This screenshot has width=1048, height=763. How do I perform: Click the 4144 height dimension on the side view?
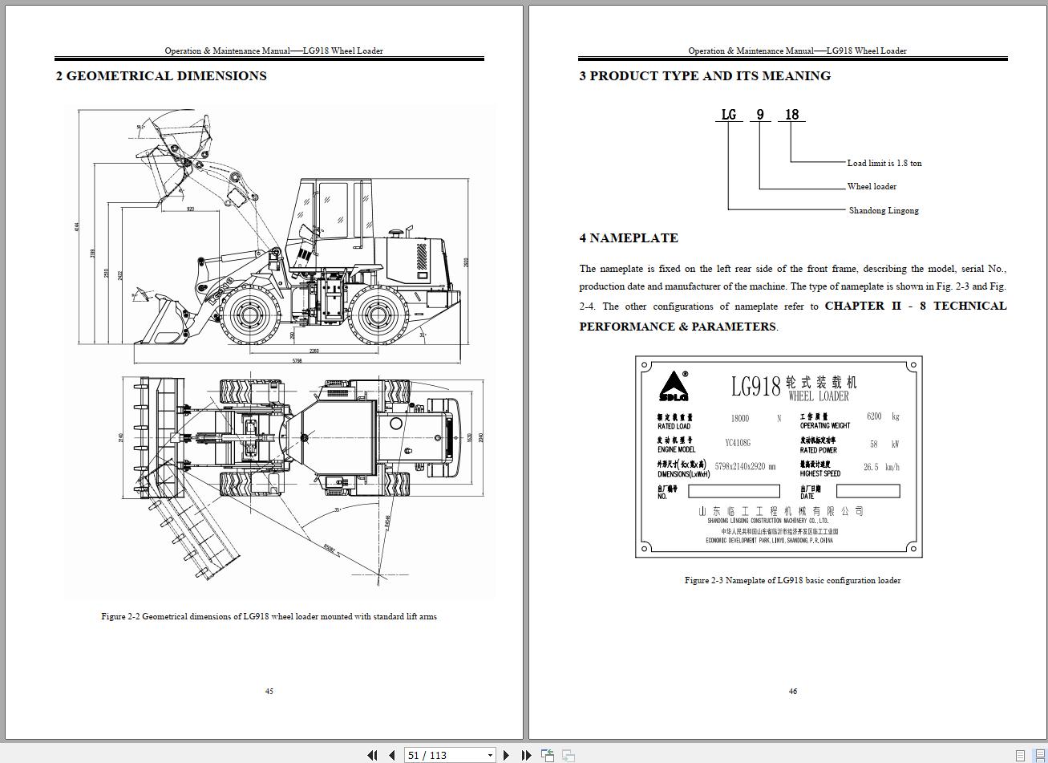[78, 227]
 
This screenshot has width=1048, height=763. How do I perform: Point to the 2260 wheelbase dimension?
[314, 351]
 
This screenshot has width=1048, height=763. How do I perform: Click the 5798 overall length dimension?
[297, 361]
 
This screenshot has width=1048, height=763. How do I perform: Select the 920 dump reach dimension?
[190, 209]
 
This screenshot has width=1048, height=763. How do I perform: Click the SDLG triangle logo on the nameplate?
[674, 386]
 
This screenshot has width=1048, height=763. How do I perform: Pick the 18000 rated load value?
[739, 418]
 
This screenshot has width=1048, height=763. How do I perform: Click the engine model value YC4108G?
[738, 443]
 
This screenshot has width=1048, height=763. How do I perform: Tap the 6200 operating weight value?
[874, 416]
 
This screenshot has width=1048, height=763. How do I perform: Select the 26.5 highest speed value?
[871, 467]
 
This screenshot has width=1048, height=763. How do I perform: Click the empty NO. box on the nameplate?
[734, 491]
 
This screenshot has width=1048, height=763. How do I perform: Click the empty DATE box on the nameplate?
[868, 491]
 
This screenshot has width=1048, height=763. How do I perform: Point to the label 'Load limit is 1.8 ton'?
[884, 163]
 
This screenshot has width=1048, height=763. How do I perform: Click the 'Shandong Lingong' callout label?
[884, 210]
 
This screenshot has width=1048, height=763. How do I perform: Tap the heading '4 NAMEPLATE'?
[629, 237]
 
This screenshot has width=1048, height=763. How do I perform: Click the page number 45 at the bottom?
[269, 691]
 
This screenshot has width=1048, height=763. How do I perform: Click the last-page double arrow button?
[526, 755]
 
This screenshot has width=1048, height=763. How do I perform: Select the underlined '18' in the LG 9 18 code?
[791, 115]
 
